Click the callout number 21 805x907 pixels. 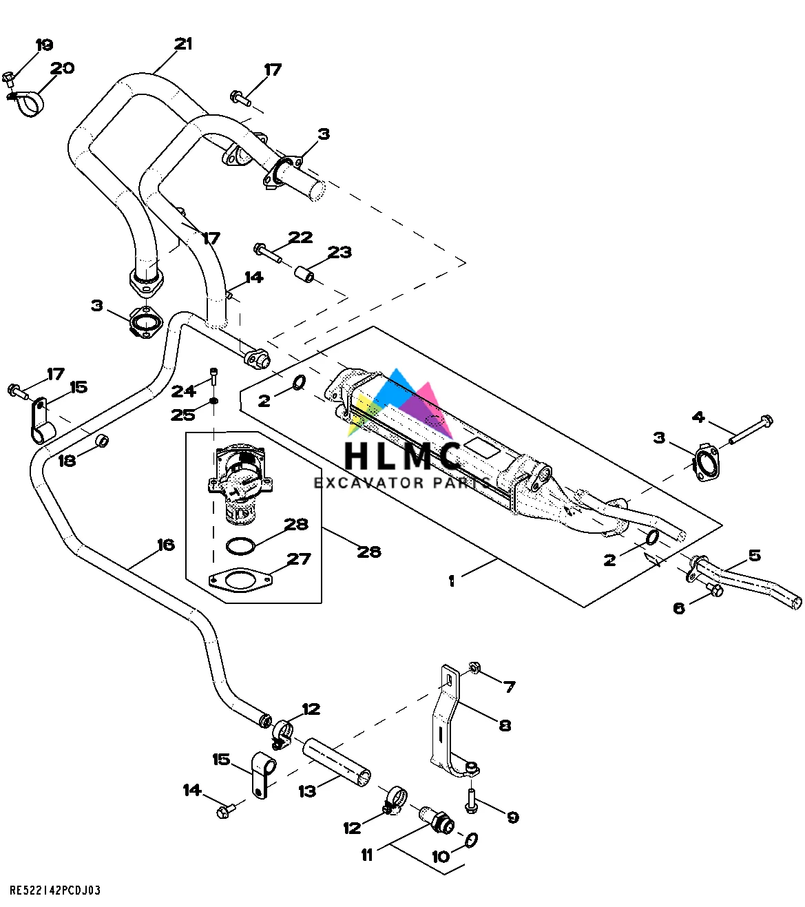click(x=182, y=44)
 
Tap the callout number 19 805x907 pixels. click(x=44, y=45)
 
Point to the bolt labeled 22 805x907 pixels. click(x=267, y=253)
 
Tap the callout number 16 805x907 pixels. click(x=166, y=545)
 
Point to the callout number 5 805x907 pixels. click(x=755, y=555)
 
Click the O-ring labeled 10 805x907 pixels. click(x=472, y=840)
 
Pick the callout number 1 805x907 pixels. click(x=451, y=581)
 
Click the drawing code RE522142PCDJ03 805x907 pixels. click(x=55, y=890)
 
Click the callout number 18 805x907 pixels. click(x=67, y=460)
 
